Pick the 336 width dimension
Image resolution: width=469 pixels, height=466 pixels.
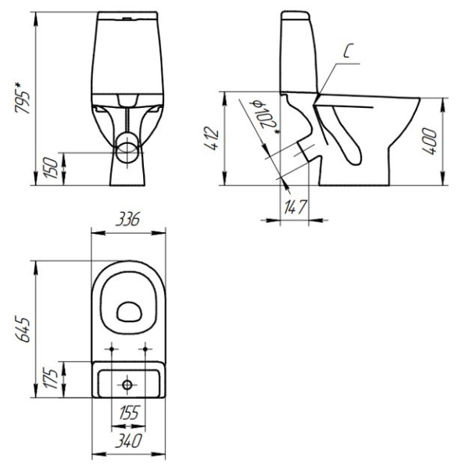[128, 221]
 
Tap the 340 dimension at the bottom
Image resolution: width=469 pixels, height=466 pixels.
[128, 442]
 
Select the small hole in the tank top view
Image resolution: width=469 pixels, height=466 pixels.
[128, 384]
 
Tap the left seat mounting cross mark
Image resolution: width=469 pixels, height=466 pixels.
[113, 348]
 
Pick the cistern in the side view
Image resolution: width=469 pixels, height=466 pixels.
[299, 51]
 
